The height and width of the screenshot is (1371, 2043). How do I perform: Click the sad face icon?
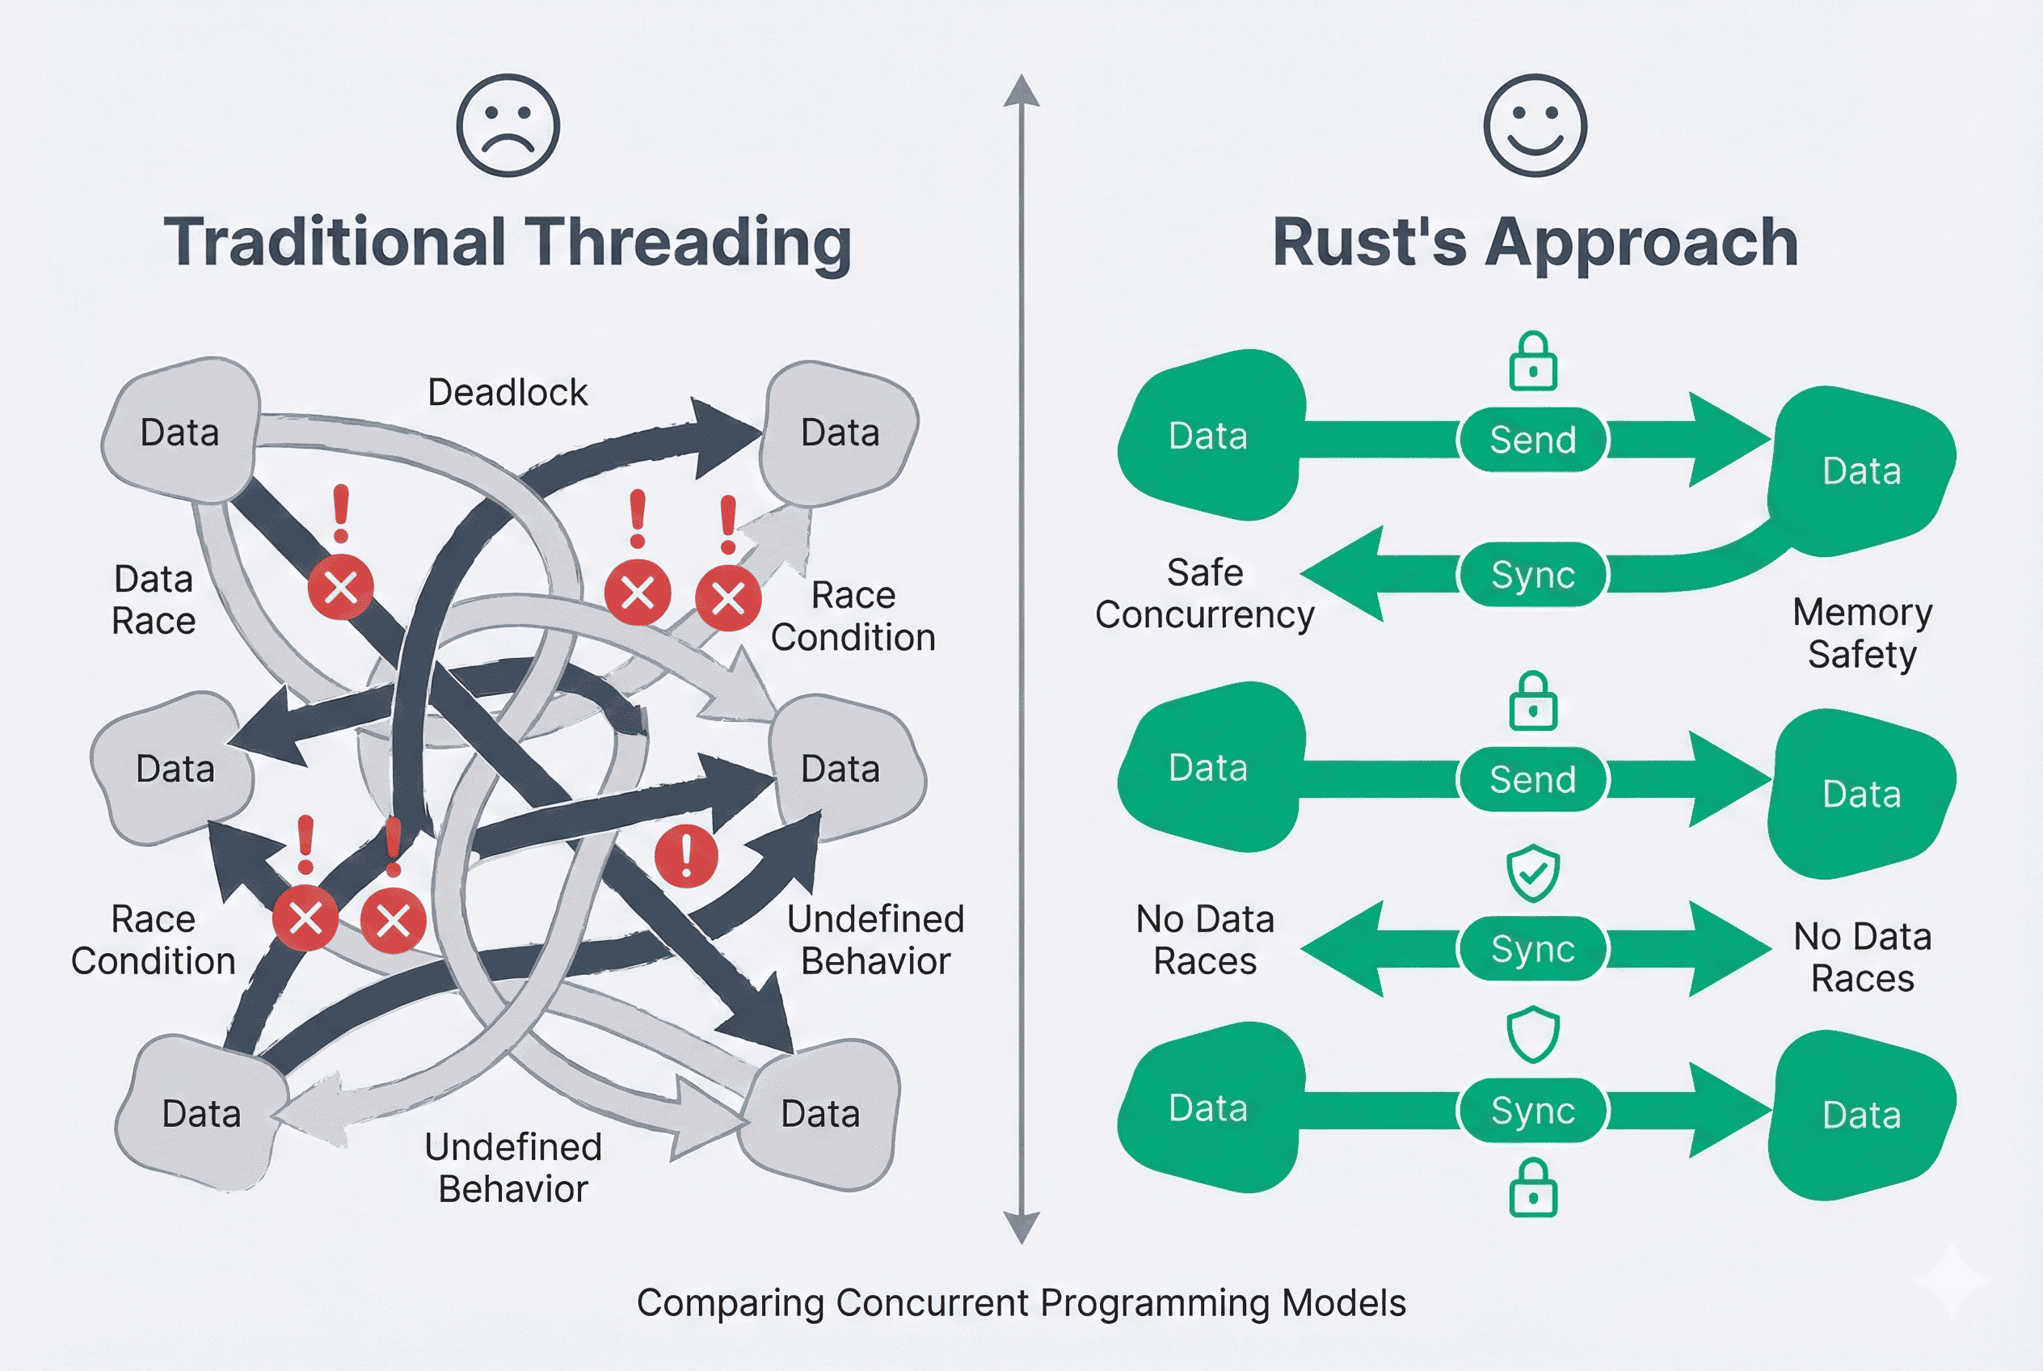click(x=508, y=125)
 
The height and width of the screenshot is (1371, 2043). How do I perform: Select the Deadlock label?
click(x=507, y=393)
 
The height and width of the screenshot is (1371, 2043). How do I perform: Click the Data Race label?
click(x=154, y=600)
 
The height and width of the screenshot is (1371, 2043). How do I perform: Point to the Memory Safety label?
click(x=1861, y=633)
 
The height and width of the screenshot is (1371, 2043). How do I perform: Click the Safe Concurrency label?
click(x=1204, y=593)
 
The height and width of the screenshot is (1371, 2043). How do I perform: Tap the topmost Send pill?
click(x=1532, y=439)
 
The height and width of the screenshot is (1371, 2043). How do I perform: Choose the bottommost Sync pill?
click(x=1532, y=1111)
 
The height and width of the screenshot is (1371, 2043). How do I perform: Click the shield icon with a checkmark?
click(x=1532, y=872)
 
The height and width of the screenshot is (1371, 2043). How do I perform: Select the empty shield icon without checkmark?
click(x=1532, y=1035)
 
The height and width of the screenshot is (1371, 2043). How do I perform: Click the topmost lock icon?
click(x=1532, y=361)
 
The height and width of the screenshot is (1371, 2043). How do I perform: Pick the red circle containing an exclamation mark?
click(x=686, y=856)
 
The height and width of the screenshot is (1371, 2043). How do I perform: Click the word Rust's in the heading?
click(x=1368, y=243)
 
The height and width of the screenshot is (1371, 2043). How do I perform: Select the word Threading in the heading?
click(x=687, y=243)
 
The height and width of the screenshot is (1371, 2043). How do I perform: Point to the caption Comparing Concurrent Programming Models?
click(x=1020, y=1303)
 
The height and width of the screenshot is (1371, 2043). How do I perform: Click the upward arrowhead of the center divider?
click(x=1021, y=92)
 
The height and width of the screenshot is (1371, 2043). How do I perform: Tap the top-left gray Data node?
click(x=181, y=431)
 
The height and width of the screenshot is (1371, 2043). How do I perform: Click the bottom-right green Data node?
click(x=1861, y=1115)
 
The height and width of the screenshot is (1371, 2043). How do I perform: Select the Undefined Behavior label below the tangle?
click(x=513, y=1168)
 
